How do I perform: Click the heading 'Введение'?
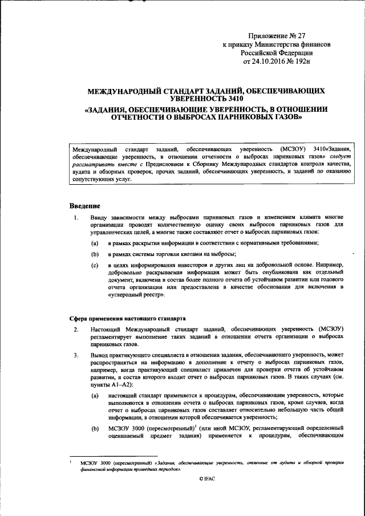(x=85, y=205)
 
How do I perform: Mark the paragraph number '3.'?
(x=75, y=355)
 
